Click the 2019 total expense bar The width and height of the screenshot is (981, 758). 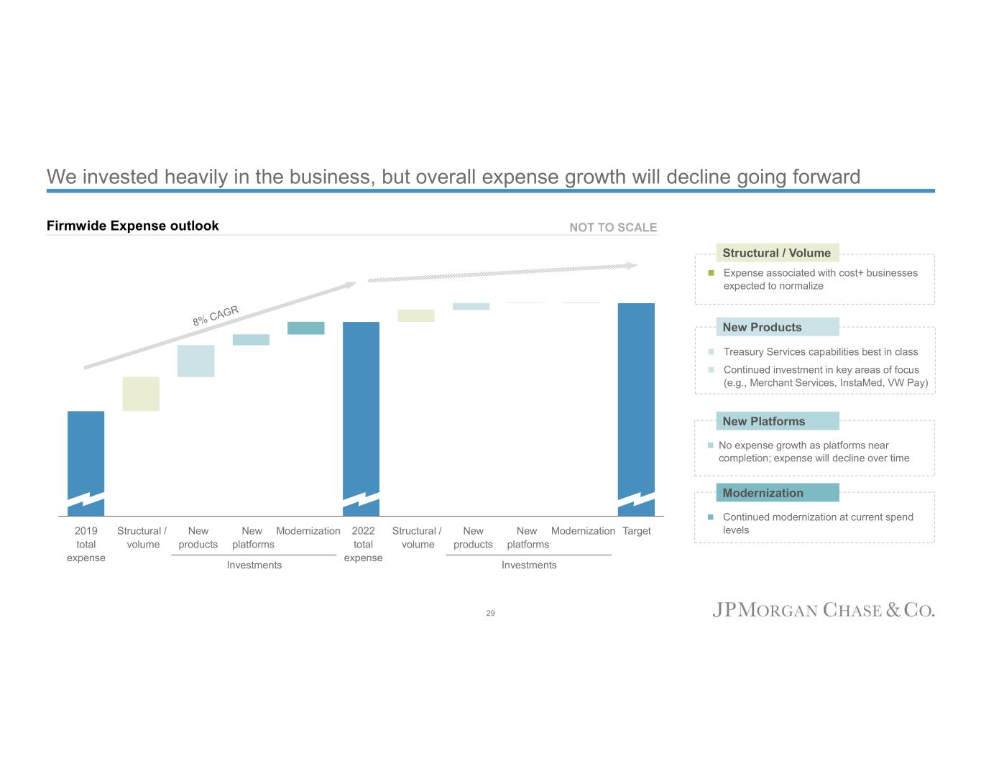click(x=86, y=460)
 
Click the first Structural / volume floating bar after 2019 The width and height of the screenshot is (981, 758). click(x=141, y=394)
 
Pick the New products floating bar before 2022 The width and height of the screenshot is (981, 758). click(x=195, y=361)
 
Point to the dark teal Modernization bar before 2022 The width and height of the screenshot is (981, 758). click(x=305, y=328)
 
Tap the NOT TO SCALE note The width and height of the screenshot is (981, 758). click(x=613, y=228)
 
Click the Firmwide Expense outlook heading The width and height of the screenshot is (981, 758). click(x=133, y=226)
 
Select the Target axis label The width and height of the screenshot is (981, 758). click(x=636, y=531)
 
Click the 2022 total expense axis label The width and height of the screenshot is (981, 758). click(x=363, y=544)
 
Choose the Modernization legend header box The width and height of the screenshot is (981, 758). click(x=777, y=493)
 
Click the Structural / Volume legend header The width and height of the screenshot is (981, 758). click(x=777, y=253)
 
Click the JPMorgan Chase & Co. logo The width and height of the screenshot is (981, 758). click(x=823, y=611)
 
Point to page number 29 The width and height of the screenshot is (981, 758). click(x=490, y=613)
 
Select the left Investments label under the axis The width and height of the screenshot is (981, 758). click(x=254, y=565)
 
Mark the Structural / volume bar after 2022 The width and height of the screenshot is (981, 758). click(x=415, y=315)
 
